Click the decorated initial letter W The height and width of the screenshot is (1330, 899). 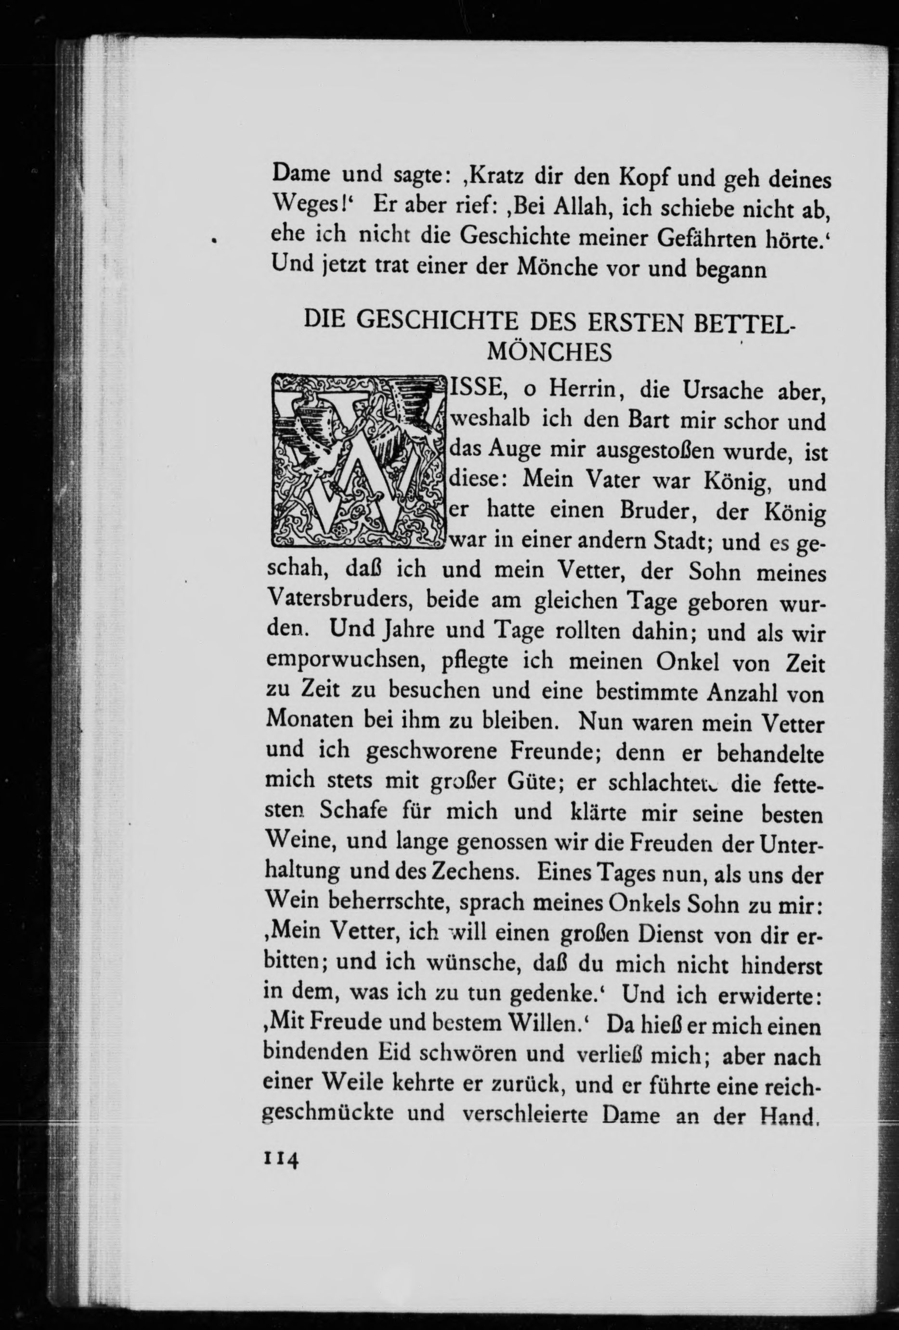coord(358,460)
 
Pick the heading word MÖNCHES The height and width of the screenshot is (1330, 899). coord(549,352)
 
